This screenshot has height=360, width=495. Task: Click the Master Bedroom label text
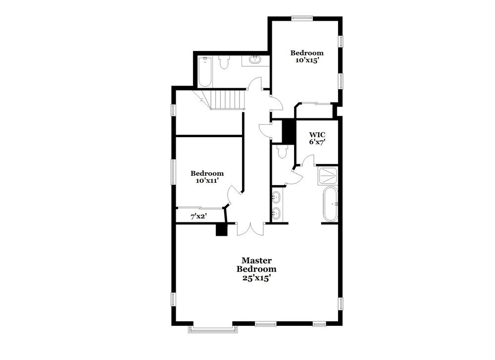256,264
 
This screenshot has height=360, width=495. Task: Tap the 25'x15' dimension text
256,278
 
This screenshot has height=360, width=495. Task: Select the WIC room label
317,134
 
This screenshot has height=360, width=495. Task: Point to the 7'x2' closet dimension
198,216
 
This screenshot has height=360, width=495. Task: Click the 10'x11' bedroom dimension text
207,181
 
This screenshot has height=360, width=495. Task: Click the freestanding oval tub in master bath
330,204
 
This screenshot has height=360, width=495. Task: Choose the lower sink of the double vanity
276,214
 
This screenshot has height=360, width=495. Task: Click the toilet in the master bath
282,151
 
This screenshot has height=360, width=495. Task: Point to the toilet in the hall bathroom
224,62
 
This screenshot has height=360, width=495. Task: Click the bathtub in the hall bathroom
205,72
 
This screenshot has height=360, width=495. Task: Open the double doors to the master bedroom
250,228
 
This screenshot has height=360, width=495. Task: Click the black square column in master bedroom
221,229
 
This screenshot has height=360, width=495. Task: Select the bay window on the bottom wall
211,328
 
